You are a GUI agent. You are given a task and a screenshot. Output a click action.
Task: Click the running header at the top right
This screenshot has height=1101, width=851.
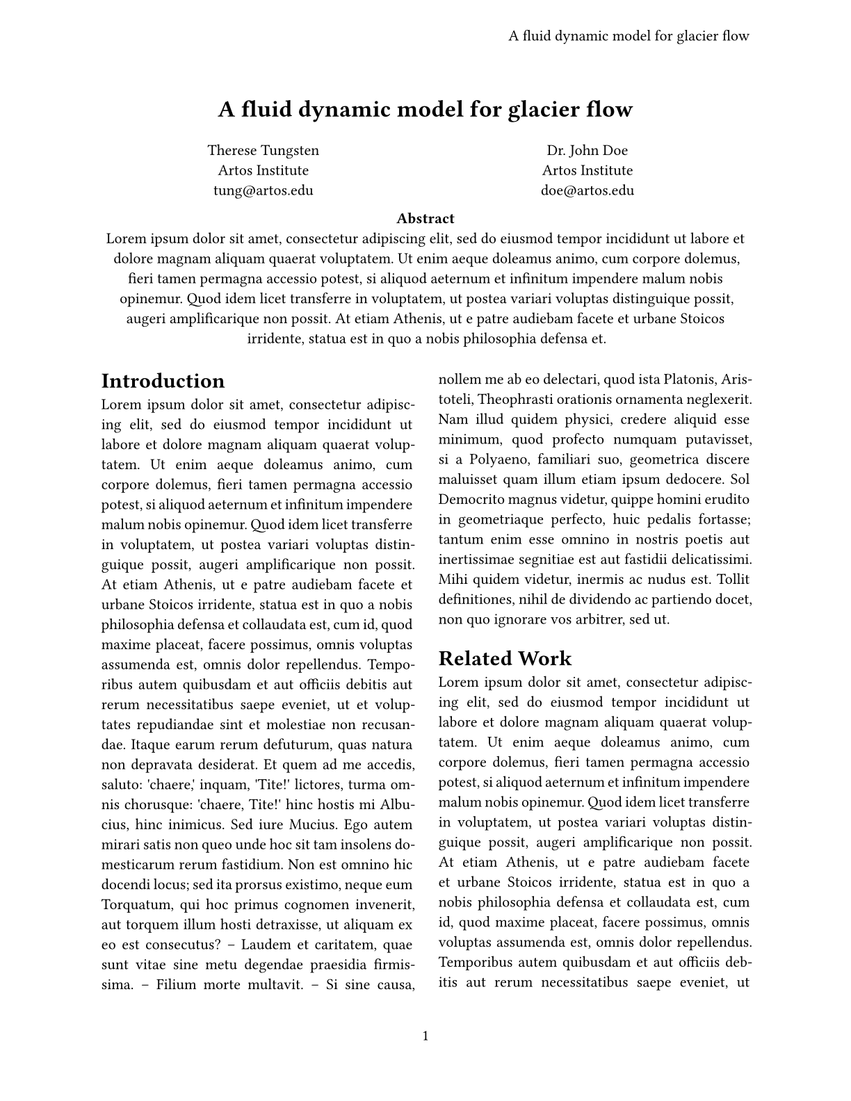(x=629, y=36)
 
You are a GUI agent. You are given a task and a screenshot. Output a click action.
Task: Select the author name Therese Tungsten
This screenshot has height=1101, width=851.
(x=264, y=151)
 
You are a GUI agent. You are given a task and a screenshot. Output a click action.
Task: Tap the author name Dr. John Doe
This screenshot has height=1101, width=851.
(x=587, y=151)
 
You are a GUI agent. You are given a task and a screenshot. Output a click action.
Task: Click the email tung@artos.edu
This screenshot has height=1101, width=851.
(x=264, y=191)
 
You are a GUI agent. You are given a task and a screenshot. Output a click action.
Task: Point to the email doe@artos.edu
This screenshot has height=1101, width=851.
(x=587, y=191)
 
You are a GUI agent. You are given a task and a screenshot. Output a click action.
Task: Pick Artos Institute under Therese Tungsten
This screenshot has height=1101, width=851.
(x=264, y=171)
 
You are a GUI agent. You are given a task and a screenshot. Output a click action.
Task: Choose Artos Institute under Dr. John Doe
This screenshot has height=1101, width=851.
(x=587, y=171)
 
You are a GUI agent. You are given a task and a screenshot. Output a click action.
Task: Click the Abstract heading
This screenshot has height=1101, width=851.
(x=425, y=219)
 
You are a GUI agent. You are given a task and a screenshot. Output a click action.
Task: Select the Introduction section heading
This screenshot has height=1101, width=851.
(x=163, y=381)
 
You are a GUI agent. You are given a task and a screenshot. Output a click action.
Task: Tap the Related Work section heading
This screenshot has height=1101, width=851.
(x=505, y=658)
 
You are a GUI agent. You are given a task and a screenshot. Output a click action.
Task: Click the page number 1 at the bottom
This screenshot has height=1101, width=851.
(x=425, y=1036)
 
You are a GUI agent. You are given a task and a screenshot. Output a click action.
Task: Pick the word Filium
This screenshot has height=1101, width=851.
(x=175, y=985)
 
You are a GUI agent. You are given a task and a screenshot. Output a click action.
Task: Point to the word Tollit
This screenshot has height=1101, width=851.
(x=734, y=580)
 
